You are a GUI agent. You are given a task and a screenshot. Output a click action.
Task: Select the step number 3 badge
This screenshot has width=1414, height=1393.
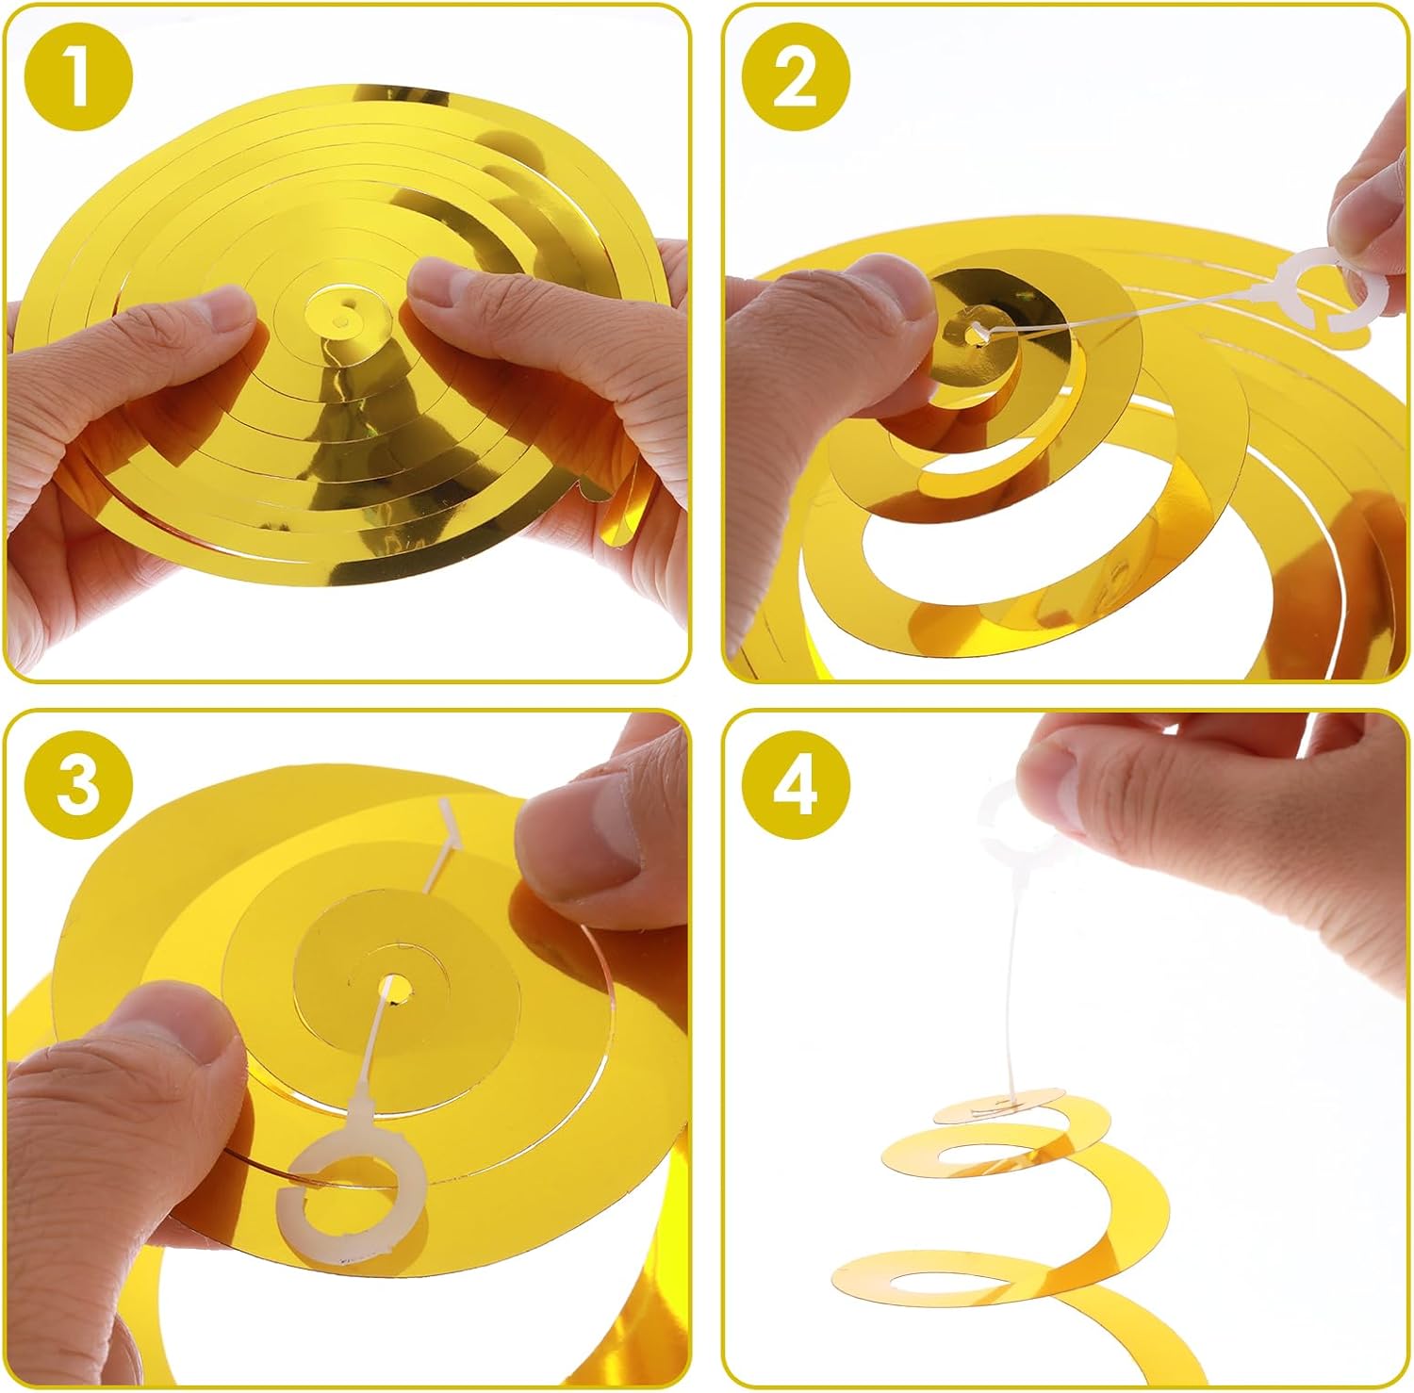point(79,784)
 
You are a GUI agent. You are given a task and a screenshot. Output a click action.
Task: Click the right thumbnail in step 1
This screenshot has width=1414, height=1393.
point(452,283)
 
